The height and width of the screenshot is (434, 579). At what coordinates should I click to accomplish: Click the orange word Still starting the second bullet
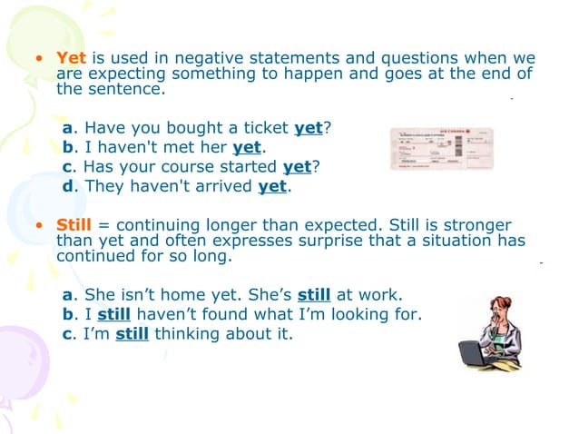pyautogui.click(x=75, y=224)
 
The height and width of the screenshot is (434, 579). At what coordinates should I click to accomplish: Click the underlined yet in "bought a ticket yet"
pyautogui.click(x=309, y=128)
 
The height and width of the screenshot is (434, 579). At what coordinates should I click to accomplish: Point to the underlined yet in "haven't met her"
pyautogui.click(x=247, y=148)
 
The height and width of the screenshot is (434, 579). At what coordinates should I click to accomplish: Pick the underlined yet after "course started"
pyautogui.click(x=297, y=167)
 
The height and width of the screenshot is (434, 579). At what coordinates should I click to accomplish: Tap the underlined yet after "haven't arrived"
pyautogui.click(x=272, y=187)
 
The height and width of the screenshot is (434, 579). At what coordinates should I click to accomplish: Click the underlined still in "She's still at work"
pyautogui.click(x=314, y=295)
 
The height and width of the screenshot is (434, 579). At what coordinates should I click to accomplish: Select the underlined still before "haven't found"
pyautogui.click(x=114, y=314)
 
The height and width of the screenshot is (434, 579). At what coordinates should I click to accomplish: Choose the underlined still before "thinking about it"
pyautogui.click(x=132, y=333)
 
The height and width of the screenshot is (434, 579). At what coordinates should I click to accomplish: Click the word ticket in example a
pyautogui.click(x=263, y=128)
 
